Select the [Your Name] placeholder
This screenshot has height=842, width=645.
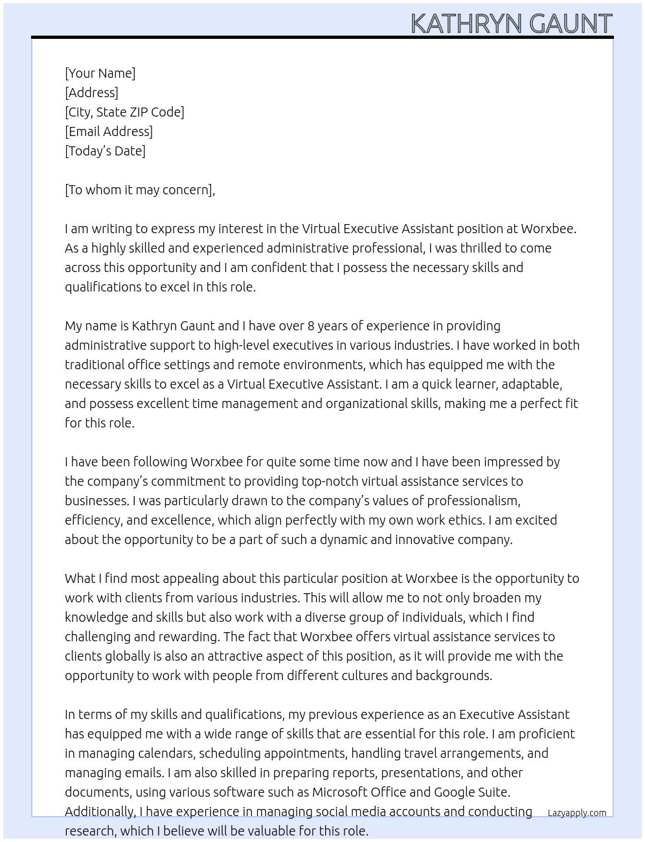[100, 73]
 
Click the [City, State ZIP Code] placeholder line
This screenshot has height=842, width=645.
[124, 112]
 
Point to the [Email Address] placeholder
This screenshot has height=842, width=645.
[109, 131]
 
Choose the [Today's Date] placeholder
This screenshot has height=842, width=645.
[105, 151]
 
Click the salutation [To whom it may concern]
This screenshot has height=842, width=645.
[139, 190]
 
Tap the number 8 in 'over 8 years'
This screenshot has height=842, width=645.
[311, 326]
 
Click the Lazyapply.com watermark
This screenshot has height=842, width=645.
[576, 813]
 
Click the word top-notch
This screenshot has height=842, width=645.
[330, 481]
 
